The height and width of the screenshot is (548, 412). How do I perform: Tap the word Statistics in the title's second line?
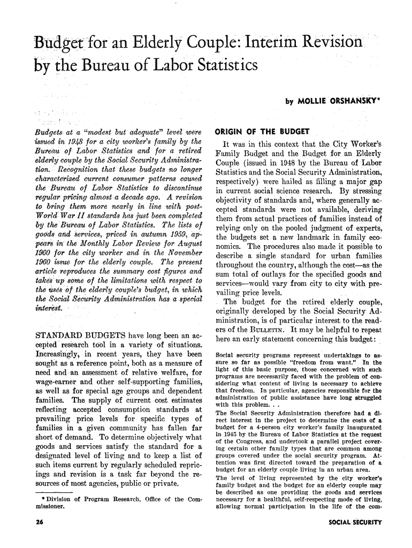click(x=216, y=66)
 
